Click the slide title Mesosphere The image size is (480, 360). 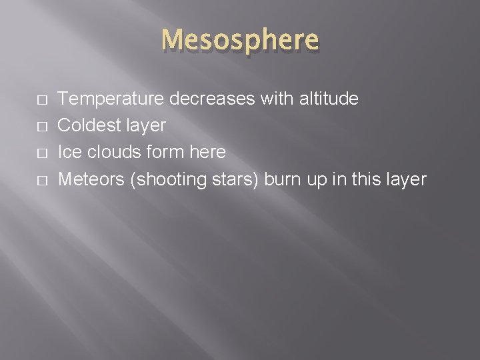pyautogui.click(x=240, y=41)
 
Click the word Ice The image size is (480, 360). pyautogui.click(x=69, y=153)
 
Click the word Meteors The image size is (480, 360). pyautogui.click(x=92, y=179)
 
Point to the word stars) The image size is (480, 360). pyautogui.click(x=238, y=179)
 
